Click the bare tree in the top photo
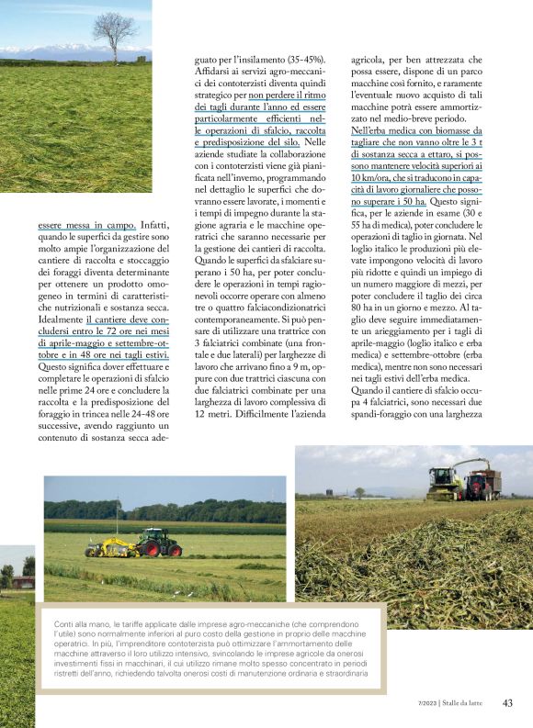tap(114, 33)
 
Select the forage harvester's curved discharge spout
tap(469, 465)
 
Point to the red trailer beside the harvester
tap(483, 484)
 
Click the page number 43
tap(507, 703)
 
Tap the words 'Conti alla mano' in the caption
tap(85, 625)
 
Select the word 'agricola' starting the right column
tap(372, 58)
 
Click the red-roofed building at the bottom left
tap(22, 580)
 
